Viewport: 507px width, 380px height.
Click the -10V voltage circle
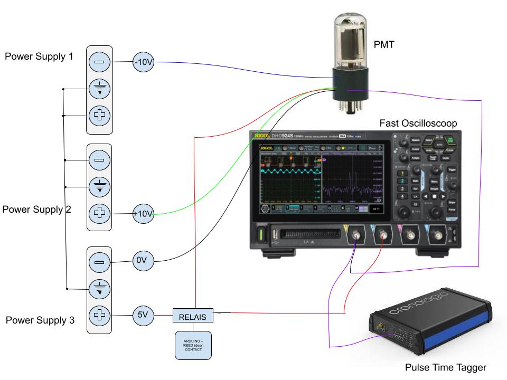pos(143,62)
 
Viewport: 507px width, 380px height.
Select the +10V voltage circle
pos(143,214)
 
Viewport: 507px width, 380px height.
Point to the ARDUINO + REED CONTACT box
pos(193,345)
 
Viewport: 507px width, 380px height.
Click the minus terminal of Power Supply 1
pos(99,62)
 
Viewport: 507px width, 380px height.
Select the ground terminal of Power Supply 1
pos(99,89)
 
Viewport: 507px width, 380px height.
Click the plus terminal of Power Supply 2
pos(99,214)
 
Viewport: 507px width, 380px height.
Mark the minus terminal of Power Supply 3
pos(99,262)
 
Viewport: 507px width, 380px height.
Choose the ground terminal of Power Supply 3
pos(99,289)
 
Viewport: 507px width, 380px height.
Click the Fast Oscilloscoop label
pos(418,123)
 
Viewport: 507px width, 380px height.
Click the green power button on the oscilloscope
pos(260,236)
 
